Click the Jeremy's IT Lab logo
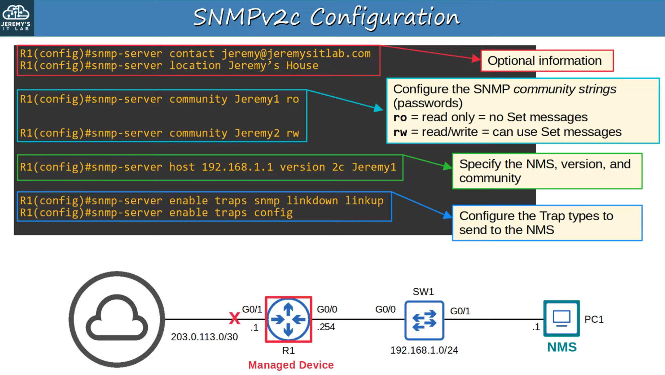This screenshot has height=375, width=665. coord(16,17)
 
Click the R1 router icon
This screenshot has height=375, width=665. coord(288,319)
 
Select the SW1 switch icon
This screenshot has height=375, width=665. coord(424,320)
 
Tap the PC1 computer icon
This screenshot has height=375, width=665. coord(561,318)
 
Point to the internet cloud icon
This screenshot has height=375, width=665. coord(117,319)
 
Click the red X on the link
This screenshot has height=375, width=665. coord(234,318)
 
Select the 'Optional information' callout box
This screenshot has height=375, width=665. coord(547,61)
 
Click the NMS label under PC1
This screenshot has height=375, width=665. coord(562,347)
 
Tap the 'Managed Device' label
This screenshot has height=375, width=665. coord(291,365)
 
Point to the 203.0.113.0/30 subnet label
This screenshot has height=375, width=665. coord(204,337)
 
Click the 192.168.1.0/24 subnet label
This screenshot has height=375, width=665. coord(424,350)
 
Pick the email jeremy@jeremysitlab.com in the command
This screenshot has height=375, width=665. coord(296,54)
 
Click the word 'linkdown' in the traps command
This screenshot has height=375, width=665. coord(312,200)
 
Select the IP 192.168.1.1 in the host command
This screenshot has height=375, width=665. coord(237,167)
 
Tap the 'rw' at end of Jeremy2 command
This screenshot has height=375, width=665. coord(293,133)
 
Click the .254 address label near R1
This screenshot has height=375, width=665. coord(326,327)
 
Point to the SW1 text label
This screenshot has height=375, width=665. coord(423,292)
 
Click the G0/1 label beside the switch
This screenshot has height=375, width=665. coord(460,311)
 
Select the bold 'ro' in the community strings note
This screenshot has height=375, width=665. coord(400,118)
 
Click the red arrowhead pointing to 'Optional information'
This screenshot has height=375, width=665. coord(476,59)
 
